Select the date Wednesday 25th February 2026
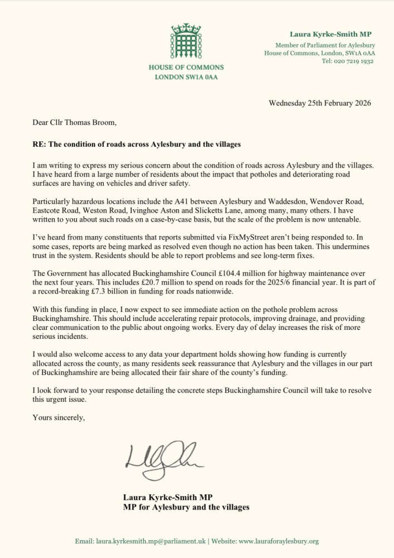click(320, 103)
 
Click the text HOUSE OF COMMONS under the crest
click(186, 68)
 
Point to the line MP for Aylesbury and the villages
click(186, 507)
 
